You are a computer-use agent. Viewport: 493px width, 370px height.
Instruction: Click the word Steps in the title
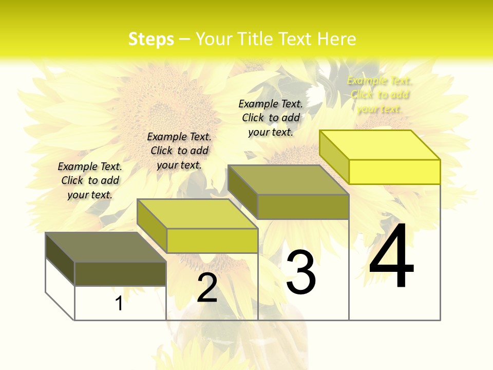(x=151, y=39)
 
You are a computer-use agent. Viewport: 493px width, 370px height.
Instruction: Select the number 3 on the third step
(x=301, y=272)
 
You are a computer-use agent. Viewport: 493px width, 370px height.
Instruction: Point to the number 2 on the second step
(x=207, y=288)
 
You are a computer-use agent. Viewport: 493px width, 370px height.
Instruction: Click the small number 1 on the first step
(x=119, y=304)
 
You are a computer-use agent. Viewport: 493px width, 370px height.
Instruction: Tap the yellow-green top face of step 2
(x=198, y=214)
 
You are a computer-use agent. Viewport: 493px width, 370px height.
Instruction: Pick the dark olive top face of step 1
(x=106, y=247)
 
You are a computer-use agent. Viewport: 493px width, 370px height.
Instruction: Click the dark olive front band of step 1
(x=120, y=273)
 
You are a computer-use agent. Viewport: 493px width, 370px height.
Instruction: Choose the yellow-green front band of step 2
(x=212, y=240)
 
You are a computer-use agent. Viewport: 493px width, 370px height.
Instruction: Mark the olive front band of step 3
(x=303, y=207)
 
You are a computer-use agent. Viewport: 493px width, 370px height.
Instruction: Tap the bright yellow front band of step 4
(x=394, y=172)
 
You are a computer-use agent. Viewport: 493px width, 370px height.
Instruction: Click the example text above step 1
(x=90, y=180)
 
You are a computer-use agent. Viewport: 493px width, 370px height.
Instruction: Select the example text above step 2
(x=179, y=151)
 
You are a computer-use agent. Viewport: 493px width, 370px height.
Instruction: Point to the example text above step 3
(x=271, y=118)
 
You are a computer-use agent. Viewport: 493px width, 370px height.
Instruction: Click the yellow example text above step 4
(x=380, y=95)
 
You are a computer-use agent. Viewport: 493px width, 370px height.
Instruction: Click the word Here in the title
(x=336, y=39)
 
